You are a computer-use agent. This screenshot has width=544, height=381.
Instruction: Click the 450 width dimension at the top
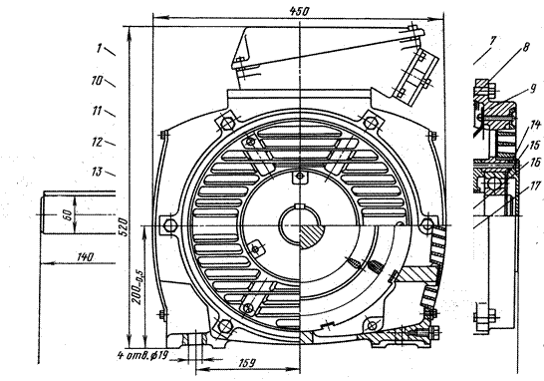[x=299, y=11]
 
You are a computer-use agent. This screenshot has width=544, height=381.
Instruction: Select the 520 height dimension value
[x=124, y=227]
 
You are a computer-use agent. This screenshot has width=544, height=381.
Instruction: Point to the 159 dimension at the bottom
[x=247, y=363]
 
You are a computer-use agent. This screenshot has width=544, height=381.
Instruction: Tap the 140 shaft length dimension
[x=85, y=257]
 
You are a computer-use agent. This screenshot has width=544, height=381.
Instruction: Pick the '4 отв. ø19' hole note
[x=142, y=355]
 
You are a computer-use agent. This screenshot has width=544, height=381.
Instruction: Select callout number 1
[x=100, y=48]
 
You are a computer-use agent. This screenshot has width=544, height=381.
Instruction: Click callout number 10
[x=98, y=81]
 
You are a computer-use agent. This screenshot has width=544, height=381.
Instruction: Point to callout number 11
[x=98, y=111]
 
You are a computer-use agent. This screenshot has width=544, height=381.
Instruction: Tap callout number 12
[x=98, y=142]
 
